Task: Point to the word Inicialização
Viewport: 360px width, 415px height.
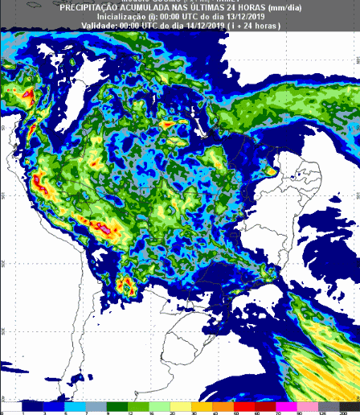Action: [121, 17]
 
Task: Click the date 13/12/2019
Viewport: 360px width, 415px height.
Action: [241, 17]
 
